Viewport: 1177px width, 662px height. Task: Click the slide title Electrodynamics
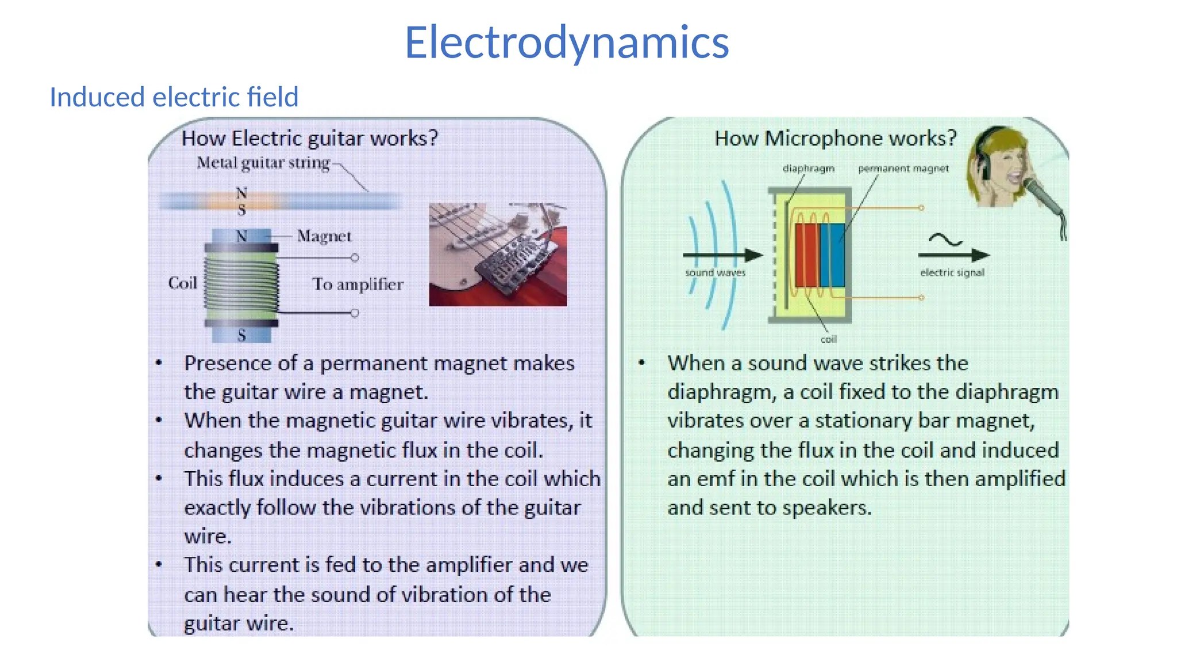coord(567,43)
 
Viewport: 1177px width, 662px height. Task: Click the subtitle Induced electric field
coord(174,97)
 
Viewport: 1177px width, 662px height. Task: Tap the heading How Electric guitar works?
coord(310,138)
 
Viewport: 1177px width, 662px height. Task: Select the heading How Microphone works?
coord(834,138)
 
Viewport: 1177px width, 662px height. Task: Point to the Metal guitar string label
coord(263,163)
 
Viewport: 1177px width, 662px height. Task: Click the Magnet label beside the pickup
coord(324,236)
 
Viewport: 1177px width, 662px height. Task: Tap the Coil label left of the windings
coord(182,283)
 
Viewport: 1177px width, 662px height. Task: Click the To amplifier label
coord(357,284)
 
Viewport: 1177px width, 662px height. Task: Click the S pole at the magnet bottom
coord(241,335)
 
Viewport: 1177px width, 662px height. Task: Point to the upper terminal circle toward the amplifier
coord(355,257)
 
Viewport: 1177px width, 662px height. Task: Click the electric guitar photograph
coord(498,254)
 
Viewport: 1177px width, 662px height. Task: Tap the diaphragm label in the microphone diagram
coord(808,168)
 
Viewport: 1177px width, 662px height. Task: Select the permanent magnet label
coord(903,168)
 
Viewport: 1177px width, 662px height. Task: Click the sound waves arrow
coord(722,255)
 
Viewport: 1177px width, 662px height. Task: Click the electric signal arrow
coord(954,255)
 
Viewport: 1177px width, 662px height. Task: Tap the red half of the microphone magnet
coord(807,255)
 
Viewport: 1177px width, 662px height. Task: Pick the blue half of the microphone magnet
coord(832,255)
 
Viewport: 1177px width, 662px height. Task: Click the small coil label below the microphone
coord(828,340)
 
